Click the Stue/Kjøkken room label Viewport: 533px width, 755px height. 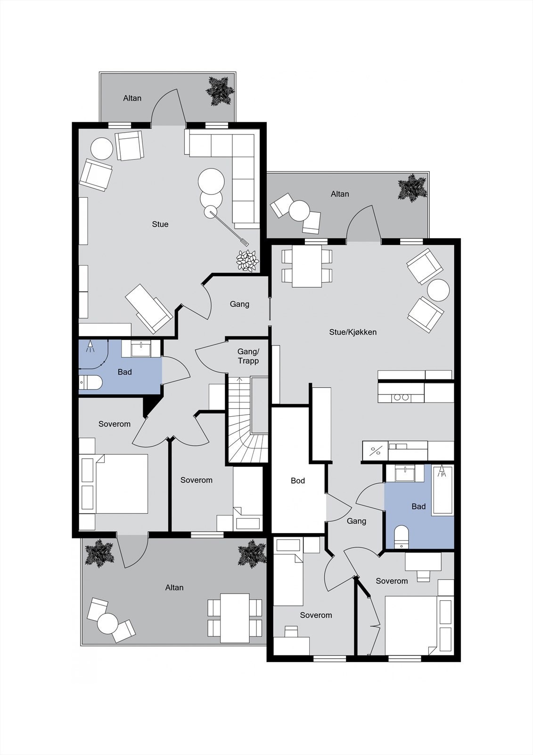pyautogui.click(x=353, y=332)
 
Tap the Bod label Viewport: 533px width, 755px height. pyautogui.click(x=298, y=481)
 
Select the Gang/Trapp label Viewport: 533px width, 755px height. pyautogui.click(x=248, y=356)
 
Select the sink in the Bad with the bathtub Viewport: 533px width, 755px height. pyautogui.click(x=405, y=473)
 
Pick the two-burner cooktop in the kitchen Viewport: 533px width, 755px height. pyautogui.click(x=401, y=397)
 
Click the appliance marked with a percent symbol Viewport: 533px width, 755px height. pyautogui.click(x=375, y=451)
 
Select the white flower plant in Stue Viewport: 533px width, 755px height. pyautogui.click(x=247, y=260)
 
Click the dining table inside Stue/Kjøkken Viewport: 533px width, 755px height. pyautogui.click(x=307, y=266)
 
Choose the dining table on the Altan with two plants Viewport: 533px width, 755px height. pyautogui.click(x=235, y=618)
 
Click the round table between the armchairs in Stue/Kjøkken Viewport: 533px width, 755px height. pyautogui.click(x=438, y=290)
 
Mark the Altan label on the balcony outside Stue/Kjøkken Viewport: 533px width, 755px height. pyautogui.click(x=340, y=194)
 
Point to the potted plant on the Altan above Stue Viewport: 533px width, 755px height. pyautogui.click(x=220, y=90)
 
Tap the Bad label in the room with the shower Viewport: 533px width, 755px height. pyautogui.click(x=124, y=372)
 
